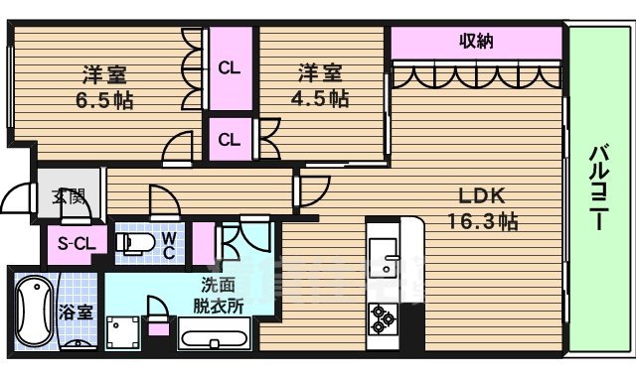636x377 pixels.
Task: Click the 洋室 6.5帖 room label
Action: click(x=102, y=86)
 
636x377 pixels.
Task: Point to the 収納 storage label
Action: click(x=476, y=42)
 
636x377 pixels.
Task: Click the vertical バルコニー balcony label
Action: click(x=599, y=188)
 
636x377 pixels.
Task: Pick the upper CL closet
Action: click(x=230, y=68)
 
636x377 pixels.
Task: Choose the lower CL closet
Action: click(x=229, y=140)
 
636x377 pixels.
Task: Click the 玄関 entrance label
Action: click(x=68, y=195)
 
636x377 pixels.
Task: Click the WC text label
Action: click(x=169, y=244)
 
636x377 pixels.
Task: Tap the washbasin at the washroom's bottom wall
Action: click(x=214, y=337)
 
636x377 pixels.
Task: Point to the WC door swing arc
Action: click(x=162, y=201)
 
